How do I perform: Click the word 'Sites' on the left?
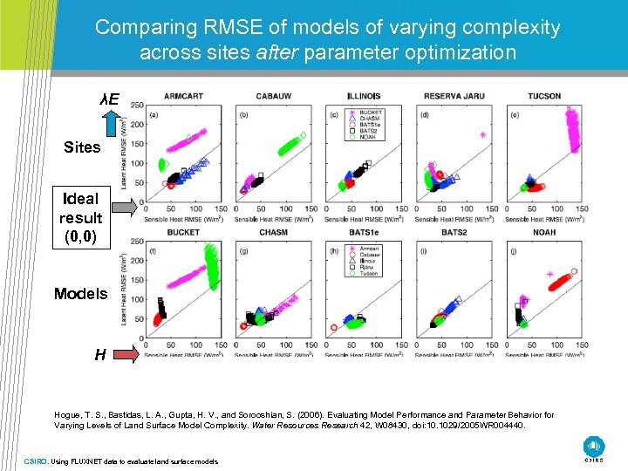82,147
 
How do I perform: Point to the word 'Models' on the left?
80,294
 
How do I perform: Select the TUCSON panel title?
543,96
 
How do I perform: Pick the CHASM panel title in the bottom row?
273,233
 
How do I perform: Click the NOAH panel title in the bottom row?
543,233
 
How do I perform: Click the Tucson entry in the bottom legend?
370,273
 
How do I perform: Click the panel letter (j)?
515,251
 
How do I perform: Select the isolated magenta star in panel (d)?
482,135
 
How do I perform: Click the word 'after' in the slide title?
276,52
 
